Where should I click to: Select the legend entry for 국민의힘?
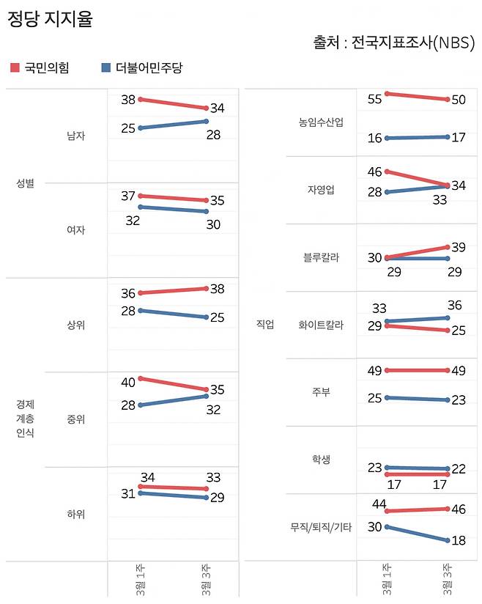40,68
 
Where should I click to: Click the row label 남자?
75,136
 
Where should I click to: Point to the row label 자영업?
321,190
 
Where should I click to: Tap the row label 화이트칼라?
321,325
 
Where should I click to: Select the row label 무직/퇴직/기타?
321,527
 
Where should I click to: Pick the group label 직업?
264,325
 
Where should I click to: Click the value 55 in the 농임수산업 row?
374,99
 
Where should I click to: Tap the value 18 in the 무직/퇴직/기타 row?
459,540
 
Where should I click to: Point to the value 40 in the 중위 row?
128,382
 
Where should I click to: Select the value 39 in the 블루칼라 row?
459,248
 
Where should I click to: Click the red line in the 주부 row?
416,370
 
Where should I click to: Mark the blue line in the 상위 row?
174,314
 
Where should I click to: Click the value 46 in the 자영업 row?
374,172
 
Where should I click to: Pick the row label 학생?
321,460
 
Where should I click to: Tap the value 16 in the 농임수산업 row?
374,138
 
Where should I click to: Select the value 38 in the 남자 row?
128,100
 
